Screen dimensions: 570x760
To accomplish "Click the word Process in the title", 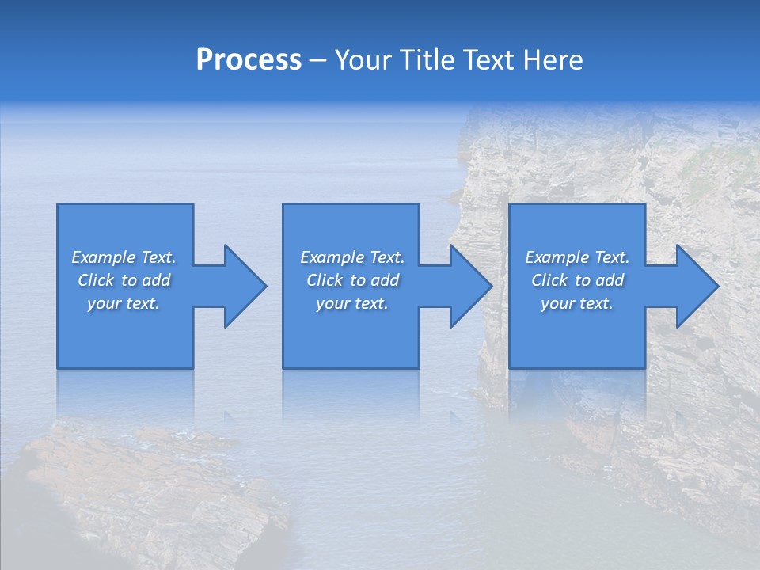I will (x=249, y=60).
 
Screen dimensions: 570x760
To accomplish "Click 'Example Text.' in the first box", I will (x=123, y=257).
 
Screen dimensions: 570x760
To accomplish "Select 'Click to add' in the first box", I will (x=123, y=280).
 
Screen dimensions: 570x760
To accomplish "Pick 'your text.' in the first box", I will (x=123, y=303).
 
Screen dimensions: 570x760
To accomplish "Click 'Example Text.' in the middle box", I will (x=352, y=257).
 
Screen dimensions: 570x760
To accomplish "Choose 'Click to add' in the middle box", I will (x=352, y=280).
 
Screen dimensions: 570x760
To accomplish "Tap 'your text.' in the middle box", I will (x=352, y=303).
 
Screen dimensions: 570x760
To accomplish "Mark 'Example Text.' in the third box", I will (x=577, y=257).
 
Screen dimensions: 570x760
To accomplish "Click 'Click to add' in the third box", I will (x=577, y=280).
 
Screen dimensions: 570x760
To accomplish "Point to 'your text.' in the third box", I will (x=577, y=303).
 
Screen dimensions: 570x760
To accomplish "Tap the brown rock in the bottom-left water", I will (x=142, y=491).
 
